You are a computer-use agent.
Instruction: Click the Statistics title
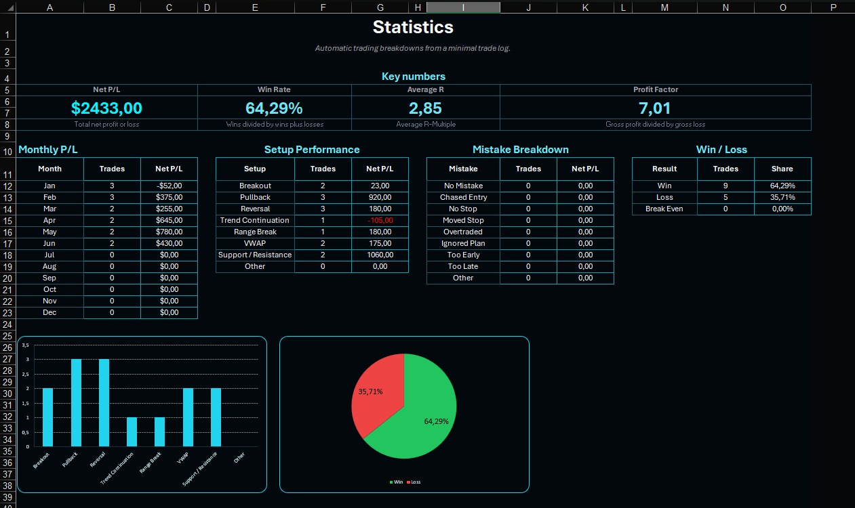pos(413,27)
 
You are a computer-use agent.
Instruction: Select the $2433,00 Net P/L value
pos(106,108)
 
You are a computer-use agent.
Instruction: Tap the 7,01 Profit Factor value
pos(654,108)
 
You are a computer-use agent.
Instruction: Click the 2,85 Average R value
pos(425,108)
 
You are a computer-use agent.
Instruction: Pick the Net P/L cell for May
pos(169,232)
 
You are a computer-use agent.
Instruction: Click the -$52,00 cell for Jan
pos(169,186)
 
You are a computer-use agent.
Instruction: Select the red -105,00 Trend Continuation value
pos(380,220)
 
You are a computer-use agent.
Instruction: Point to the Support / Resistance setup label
pos(255,255)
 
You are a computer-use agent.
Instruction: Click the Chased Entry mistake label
pos(463,197)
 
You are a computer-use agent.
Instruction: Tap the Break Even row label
pos(664,209)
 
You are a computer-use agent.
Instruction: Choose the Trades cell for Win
pos(725,186)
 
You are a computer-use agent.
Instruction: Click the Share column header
pos(782,169)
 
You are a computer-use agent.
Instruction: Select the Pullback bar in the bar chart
pos(76,402)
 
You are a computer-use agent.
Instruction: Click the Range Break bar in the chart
pos(159,431)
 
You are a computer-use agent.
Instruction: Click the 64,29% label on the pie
pos(436,421)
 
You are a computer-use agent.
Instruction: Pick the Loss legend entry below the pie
pos(414,482)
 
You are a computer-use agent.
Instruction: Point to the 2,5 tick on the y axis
pos(25,374)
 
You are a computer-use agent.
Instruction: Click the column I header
pos(463,7)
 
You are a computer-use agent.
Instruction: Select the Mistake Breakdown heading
pos(520,150)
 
